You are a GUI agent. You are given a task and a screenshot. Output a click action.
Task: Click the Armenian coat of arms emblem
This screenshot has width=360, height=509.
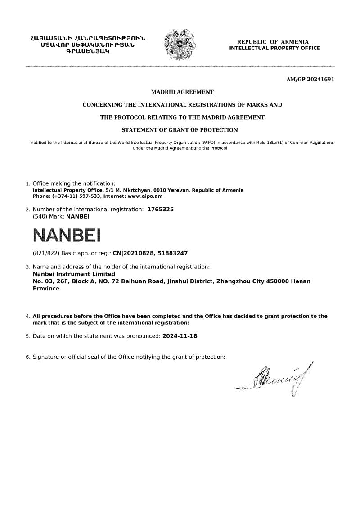tap(180, 45)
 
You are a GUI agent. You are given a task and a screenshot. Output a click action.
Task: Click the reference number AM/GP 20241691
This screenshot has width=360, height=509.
tap(310, 80)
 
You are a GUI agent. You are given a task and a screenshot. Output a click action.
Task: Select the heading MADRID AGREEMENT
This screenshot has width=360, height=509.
tap(182, 92)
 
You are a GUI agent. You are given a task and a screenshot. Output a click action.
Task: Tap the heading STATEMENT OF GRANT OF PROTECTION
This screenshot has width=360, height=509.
tap(180, 130)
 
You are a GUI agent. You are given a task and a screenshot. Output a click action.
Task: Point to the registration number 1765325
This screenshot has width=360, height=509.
tap(160, 210)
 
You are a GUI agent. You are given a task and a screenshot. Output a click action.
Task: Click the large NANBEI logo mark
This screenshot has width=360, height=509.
tap(67, 235)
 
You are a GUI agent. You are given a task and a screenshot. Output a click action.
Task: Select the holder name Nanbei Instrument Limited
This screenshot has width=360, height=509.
tap(74, 274)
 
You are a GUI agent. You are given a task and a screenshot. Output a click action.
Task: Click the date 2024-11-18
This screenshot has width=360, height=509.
tap(180, 336)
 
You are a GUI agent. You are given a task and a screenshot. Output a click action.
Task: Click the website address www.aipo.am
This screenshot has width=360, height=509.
tap(145, 196)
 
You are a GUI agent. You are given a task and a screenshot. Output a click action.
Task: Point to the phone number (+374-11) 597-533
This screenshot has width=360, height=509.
tap(76, 196)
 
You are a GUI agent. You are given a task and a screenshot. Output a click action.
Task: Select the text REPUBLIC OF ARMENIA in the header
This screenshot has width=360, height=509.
tap(273, 42)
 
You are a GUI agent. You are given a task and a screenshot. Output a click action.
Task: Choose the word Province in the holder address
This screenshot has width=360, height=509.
tap(46, 289)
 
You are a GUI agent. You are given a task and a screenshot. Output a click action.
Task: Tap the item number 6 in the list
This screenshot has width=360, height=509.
tap(28, 357)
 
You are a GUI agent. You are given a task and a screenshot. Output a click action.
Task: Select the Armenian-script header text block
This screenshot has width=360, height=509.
tap(88, 45)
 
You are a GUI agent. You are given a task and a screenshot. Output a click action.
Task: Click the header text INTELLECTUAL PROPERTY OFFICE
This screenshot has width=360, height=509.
tap(274, 48)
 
